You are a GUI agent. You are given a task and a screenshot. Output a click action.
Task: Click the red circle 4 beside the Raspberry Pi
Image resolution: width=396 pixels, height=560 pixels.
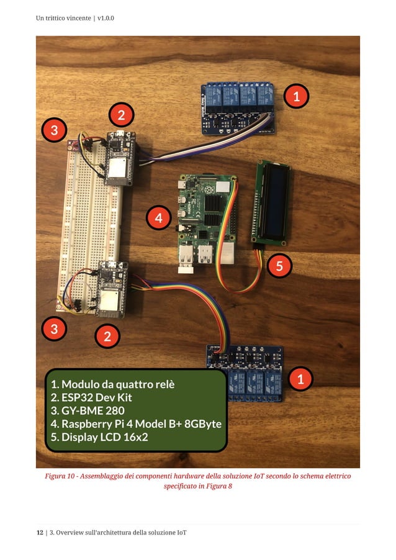point(159,218)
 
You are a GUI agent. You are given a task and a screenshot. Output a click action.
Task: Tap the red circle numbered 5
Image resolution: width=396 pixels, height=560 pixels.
point(279,266)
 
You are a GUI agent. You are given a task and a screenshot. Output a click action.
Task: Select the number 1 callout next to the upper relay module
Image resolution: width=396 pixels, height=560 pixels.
point(296,96)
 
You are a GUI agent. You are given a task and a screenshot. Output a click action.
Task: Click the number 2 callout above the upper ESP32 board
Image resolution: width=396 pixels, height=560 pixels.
point(121,115)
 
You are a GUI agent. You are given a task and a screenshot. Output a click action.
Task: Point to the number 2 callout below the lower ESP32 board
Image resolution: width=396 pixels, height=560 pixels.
point(107,337)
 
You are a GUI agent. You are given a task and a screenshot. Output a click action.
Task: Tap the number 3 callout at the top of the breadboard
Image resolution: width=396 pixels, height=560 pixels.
point(54,130)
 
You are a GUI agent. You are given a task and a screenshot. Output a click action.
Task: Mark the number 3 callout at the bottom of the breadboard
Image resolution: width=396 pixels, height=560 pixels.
point(54,329)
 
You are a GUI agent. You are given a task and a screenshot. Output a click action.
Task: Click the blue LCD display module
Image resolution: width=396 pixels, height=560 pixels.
point(269,202)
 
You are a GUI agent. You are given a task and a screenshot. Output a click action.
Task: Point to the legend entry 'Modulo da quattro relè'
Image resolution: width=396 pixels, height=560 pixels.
point(113,384)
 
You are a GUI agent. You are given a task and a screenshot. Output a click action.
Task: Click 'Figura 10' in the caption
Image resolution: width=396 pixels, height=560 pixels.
point(60,476)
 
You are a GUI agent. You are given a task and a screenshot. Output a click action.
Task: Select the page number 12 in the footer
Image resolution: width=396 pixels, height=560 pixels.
point(39,533)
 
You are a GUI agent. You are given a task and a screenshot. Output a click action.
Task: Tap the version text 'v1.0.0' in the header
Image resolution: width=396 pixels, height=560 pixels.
point(106,18)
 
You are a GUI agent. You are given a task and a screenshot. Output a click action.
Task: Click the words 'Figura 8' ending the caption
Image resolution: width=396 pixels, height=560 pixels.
point(219,486)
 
